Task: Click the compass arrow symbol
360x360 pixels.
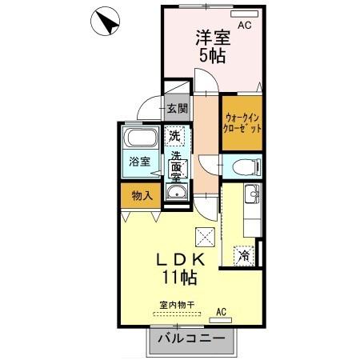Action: [107, 22]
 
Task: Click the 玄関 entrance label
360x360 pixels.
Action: [177, 109]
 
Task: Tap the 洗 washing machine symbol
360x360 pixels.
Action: [174, 135]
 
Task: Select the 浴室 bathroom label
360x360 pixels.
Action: [140, 162]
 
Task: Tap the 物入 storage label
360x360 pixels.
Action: [141, 194]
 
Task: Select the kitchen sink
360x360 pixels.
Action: [252, 193]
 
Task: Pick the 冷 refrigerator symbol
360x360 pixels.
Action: [242, 256]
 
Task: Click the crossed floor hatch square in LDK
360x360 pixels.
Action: [205, 236]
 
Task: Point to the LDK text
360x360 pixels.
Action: [181, 261]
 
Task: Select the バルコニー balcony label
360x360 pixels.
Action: [190, 339]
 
